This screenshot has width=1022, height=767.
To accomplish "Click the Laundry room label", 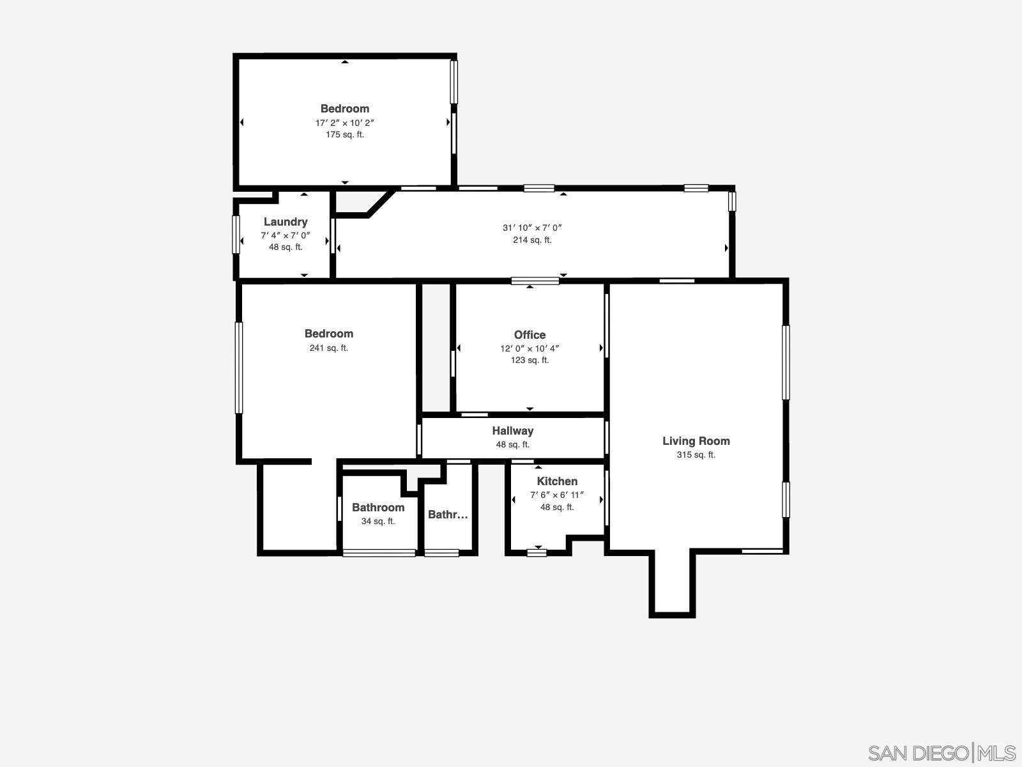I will pos(286,222).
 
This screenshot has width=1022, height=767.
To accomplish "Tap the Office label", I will pos(530,335).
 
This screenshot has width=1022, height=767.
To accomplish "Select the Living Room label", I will pos(696,441).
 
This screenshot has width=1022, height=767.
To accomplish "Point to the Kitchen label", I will pos(557,481).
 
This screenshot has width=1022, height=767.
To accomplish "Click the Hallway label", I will pos(512,431).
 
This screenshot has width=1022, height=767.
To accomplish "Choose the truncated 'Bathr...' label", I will pos(448,515).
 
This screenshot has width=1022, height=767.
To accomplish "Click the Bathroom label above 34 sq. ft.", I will pos(378,507).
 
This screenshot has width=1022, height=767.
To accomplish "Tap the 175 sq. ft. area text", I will pos(344,135).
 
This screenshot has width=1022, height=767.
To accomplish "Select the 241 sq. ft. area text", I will pos(328,348).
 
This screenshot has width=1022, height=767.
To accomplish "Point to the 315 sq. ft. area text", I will pos(696,455).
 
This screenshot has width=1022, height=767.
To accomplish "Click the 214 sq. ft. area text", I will pos(531,240).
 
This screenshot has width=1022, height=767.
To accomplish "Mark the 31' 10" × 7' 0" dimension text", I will pos(531,228).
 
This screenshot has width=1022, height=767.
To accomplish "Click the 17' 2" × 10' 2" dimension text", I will pos(344,123).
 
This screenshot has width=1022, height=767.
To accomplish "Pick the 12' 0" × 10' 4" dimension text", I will pos(530,348).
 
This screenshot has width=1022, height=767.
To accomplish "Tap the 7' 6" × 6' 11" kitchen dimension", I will pos(557,495).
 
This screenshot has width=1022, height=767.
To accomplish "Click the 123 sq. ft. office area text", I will pos(530,360).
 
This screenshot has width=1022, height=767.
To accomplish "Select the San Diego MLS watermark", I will pos(942,752).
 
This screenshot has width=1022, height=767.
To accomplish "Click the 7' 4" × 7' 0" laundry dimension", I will pos(286,235).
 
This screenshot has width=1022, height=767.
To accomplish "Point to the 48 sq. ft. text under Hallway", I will pos(512,445).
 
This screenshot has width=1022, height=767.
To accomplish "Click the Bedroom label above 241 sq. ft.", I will pos(328,334).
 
